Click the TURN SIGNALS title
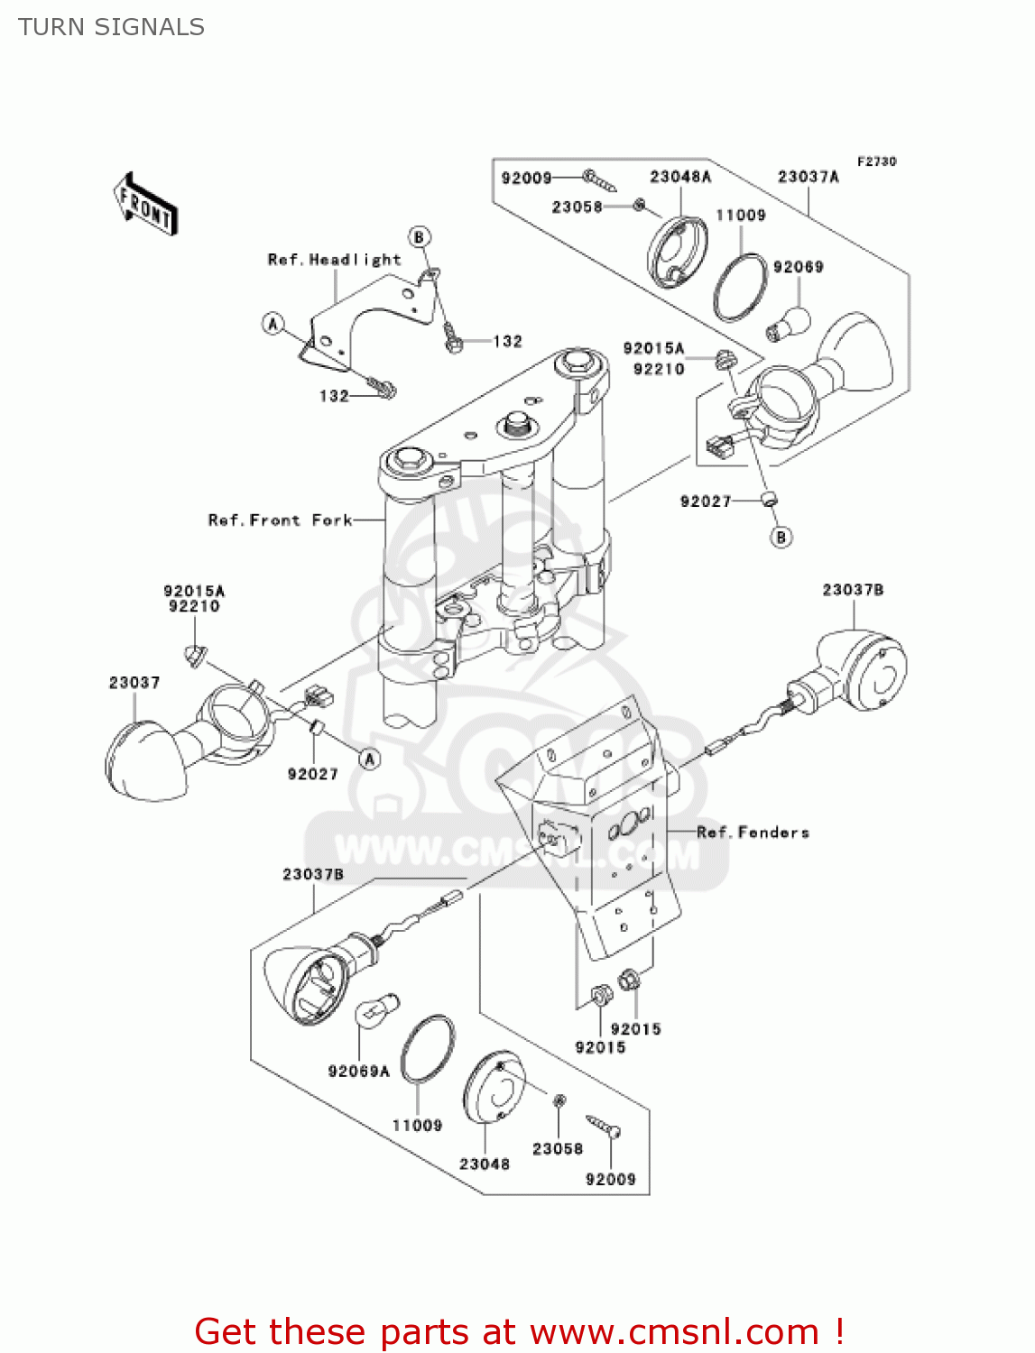111,27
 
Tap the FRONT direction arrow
145,205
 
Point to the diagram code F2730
876,161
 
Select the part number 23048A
680,177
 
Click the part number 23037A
809,177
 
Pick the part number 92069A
358,1072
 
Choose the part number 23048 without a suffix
485,1164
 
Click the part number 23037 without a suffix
134,683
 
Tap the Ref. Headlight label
334,260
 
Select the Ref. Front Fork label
280,520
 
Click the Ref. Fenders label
753,833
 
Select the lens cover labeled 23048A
677,252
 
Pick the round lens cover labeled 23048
494,1087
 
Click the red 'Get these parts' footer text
519,1332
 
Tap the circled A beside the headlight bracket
273,324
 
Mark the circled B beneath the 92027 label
781,538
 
